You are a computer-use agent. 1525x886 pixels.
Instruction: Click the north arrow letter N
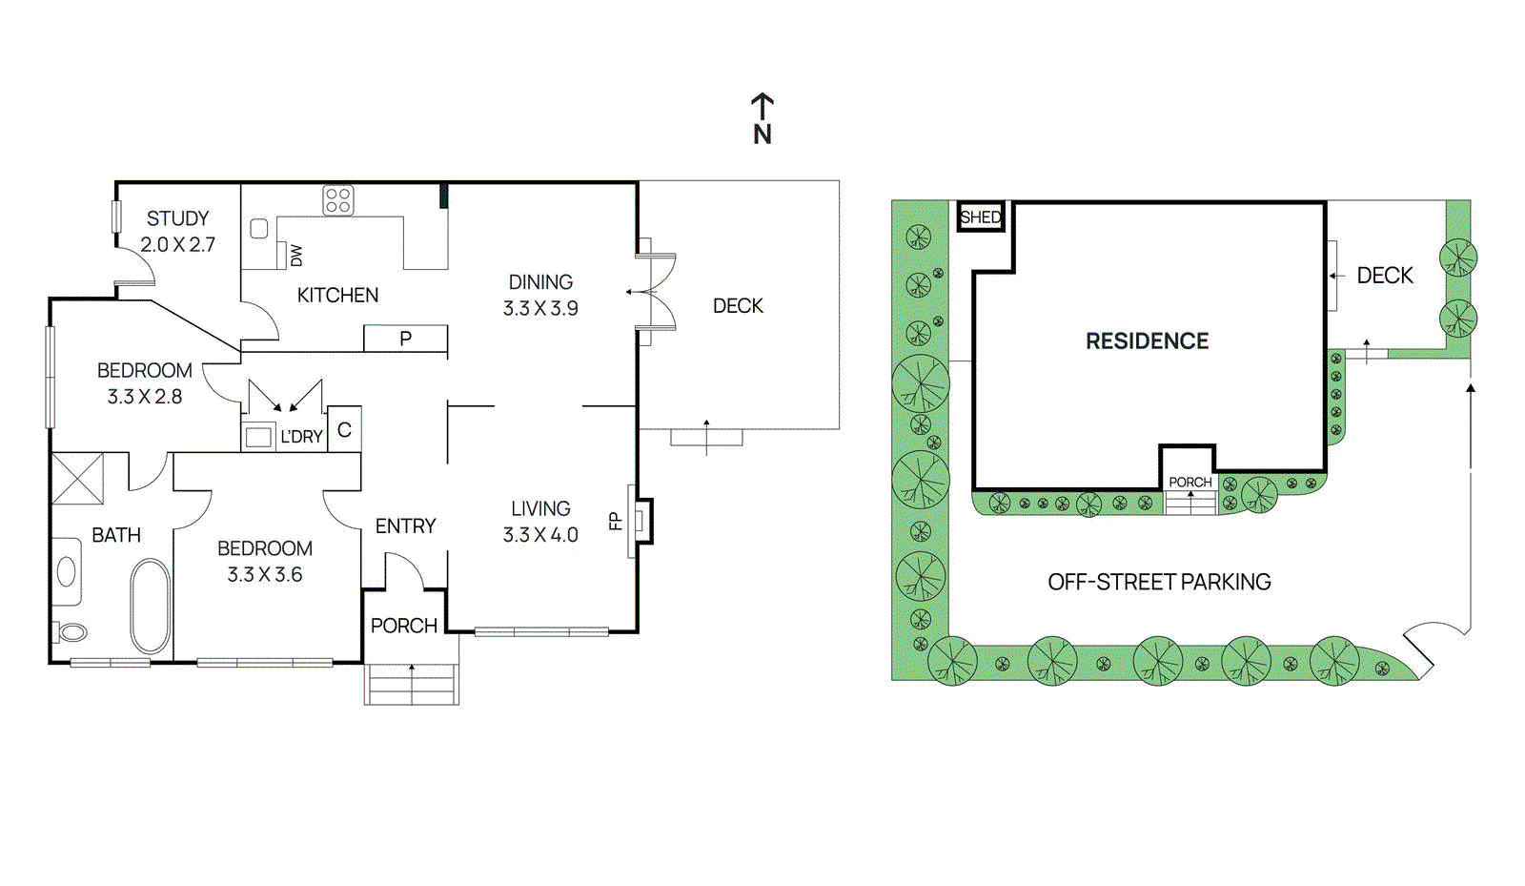click(x=762, y=134)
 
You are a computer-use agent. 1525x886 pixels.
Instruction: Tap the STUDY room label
click(x=177, y=218)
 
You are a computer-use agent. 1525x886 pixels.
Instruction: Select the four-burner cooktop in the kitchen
click(x=338, y=200)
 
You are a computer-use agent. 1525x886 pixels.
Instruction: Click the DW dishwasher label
click(x=295, y=256)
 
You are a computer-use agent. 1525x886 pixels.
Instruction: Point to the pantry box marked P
click(x=405, y=339)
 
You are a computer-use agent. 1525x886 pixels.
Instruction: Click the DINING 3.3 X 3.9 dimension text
click(x=540, y=308)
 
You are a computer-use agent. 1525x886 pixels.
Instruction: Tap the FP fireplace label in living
click(x=615, y=521)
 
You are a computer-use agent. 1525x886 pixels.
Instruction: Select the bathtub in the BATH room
click(x=150, y=605)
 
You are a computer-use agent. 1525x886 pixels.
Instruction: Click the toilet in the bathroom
click(x=72, y=631)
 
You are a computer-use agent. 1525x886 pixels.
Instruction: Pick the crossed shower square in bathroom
click(x=77, y=478)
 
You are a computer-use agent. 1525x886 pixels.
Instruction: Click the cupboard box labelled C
click(x=344, y=430)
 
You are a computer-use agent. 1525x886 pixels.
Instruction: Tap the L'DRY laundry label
click(x=301, y=437)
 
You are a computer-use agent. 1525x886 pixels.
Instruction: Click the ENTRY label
click(x=405, y=526)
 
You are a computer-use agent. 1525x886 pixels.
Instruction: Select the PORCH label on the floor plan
click(x=404, y=626)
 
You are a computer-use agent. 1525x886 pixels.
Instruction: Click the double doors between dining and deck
click(x=656, y=292)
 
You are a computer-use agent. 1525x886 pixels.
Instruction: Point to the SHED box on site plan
click(x=981, y=217)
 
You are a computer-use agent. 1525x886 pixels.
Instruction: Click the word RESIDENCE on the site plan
click(x=1147, y=341)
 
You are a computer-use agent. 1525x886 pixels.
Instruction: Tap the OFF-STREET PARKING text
click(x=1159, y=582)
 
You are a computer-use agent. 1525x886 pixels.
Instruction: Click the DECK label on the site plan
click(x=1384, y=276)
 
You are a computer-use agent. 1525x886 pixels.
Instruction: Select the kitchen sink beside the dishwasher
click(x=259, y=229)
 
